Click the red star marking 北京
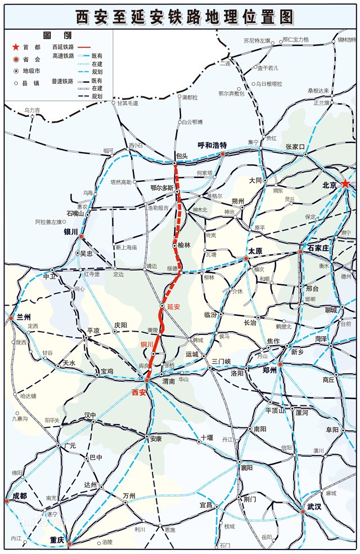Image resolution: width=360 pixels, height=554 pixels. click(346, 185)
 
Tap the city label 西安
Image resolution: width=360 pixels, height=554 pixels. click(138, 392)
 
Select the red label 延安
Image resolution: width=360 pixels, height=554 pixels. click(173, 307)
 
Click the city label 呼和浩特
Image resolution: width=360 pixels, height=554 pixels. click(211, 145)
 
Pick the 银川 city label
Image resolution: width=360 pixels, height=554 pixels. click(70, 231)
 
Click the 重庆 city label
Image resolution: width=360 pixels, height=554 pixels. click(57, 539)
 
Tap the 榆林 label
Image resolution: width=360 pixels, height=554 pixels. click(184, 245)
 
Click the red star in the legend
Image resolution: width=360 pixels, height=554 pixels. click(15, 48)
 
